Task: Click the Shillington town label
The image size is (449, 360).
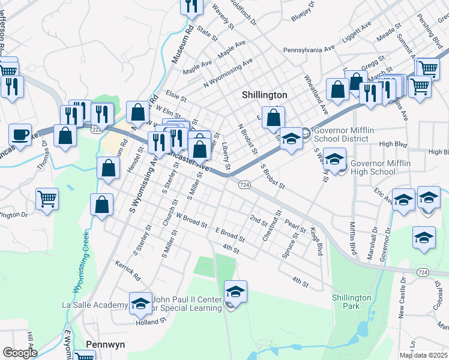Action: pos(265,95)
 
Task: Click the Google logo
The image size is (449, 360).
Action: pos(19,353)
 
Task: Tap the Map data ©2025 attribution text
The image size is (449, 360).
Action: pos(423,355)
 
